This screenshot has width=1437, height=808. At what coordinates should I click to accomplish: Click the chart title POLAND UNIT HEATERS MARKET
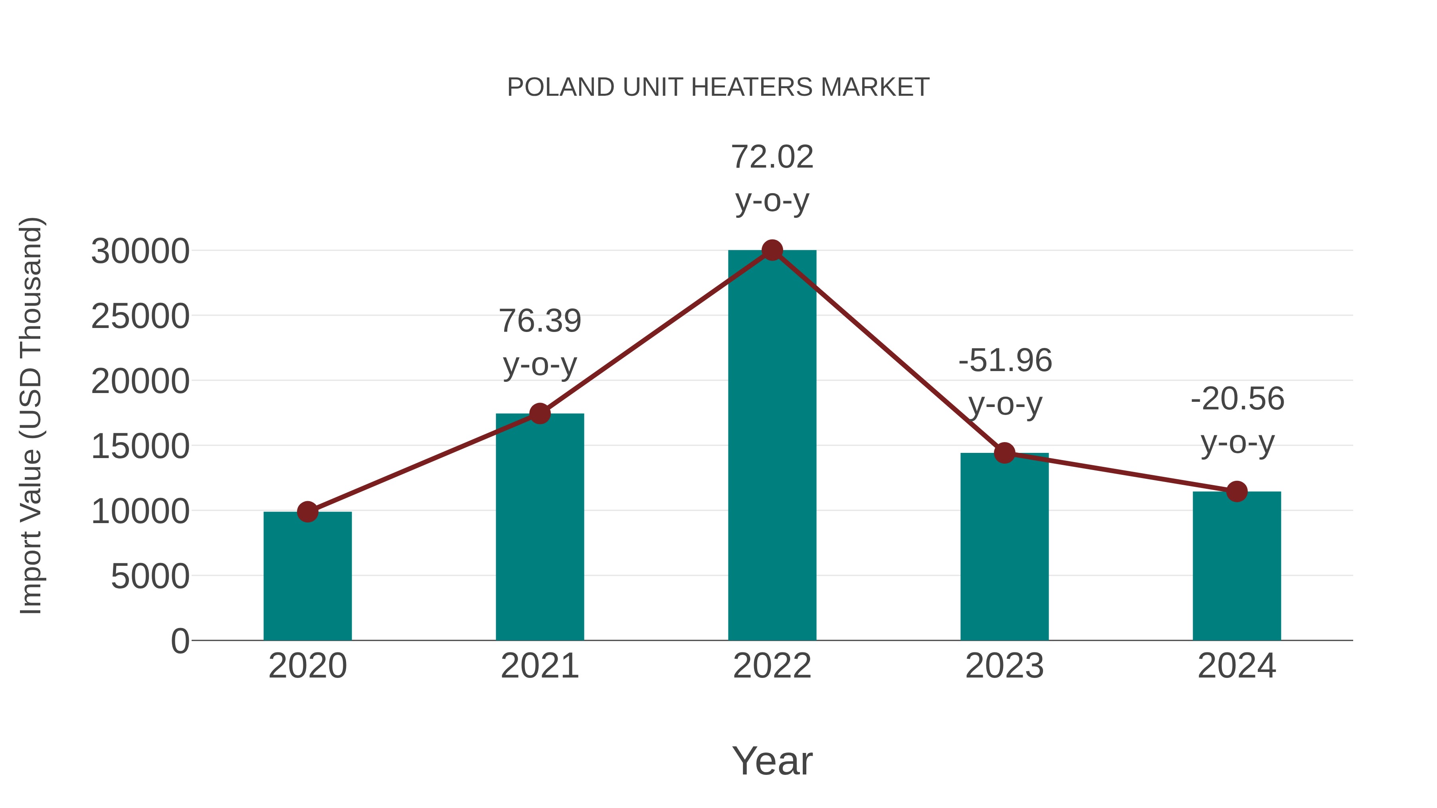[718, 87]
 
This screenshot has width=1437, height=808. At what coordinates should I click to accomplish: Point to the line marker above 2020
[307, 512]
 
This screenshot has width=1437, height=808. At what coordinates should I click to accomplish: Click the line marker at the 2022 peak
[772, 250]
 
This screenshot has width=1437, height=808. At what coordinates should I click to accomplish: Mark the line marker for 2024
[1237, 491]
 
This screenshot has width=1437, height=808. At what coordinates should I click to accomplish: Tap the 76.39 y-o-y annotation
[539, 342]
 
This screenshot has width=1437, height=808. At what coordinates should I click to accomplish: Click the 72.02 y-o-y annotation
[772, 178]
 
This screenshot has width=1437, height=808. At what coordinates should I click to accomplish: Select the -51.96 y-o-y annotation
[1005, 382]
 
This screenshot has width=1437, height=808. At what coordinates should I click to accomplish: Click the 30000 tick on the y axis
[140, 251]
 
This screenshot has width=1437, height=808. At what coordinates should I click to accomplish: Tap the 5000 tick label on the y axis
[150, 577]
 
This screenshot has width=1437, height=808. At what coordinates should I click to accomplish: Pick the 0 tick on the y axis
[180, 641]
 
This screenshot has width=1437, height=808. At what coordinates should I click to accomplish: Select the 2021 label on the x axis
[539, 666]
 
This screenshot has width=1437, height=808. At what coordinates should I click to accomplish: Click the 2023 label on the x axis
[1004, 666]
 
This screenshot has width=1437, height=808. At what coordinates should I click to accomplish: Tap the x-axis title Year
[772, 761]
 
